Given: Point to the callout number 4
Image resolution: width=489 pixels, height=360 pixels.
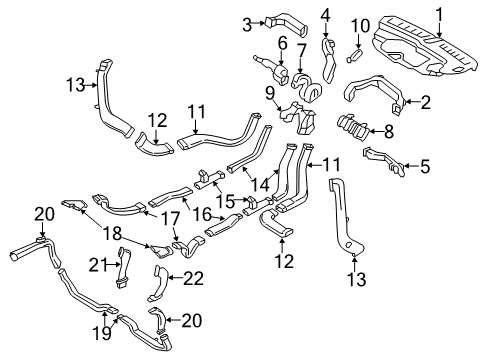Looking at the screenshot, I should [x=425, y=168].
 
